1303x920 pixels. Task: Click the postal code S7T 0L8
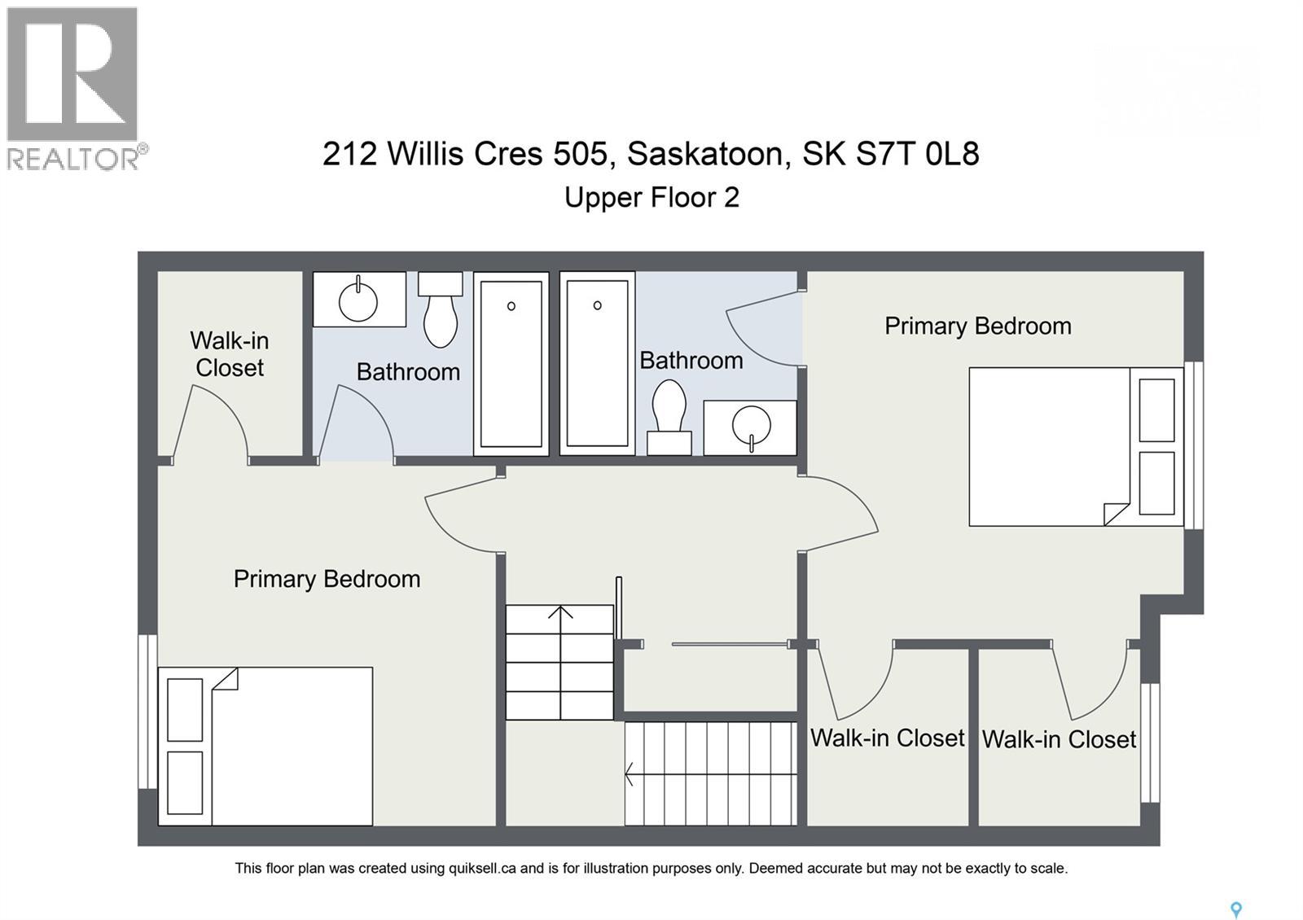click(x=917, y=153)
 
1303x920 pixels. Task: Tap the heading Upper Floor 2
click(x=651, y=198)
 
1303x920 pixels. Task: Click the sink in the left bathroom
click(x=358, y=300)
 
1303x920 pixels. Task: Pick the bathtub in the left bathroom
click(x=511, y=364)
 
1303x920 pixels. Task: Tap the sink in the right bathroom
click(x=750, y=427)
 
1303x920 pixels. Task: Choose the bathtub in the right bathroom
click(x=597, y=363)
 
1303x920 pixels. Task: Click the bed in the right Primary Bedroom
click(x=1075, y=446)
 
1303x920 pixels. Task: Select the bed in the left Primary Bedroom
click(x=265, y=746)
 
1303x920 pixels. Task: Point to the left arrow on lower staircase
click(x=630, y=773)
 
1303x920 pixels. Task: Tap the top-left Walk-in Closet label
click(x=230, y=354)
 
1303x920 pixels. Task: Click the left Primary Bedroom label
click(x=327, y=579)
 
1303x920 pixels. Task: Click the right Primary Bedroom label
click(x=977, y=326)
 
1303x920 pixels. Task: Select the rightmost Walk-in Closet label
click(x=1059, y=739)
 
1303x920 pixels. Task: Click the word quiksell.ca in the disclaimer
click(x=482, y=869)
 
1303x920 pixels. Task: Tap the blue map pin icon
click(x=1235, y=909)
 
